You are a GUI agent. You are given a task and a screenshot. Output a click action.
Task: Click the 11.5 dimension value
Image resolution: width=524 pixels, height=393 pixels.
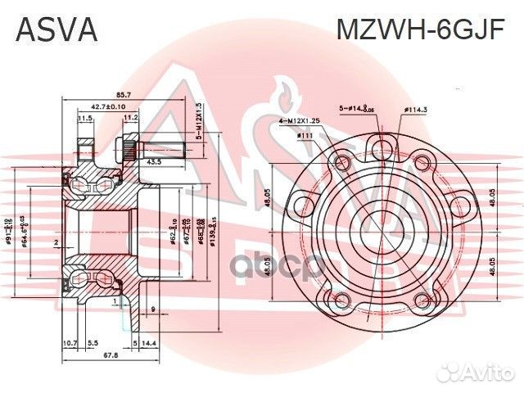click(84, 119)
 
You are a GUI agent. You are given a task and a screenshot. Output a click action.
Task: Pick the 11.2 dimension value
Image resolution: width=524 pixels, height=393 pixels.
click(130, 119)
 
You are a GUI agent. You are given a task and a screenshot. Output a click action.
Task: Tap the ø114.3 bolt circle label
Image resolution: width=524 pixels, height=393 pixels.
click(417, 108)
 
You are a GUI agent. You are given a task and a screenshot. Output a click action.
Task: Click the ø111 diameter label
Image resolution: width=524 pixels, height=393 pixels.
click(305, 136)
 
